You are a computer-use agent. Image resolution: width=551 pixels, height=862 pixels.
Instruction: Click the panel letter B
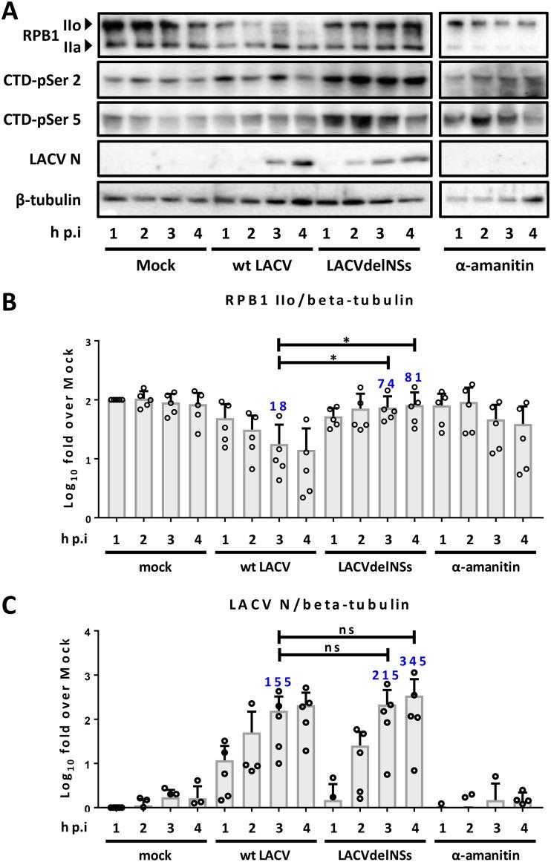(10, 301)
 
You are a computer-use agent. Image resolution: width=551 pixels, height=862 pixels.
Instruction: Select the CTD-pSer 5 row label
(49, 120)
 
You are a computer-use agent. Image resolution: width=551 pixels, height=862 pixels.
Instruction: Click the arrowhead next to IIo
(88, 25)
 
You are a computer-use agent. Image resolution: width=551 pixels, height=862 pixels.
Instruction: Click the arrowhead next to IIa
(88, 48)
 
